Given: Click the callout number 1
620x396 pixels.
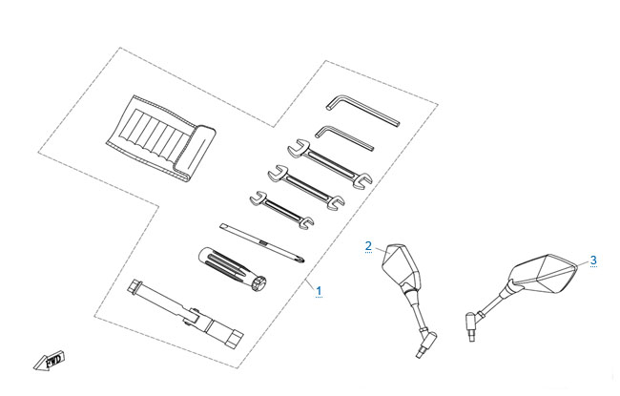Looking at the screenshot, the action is tap(319, 291).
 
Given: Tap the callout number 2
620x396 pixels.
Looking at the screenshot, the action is tap(368, 246).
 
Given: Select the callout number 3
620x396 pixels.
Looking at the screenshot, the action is tap(593, 261).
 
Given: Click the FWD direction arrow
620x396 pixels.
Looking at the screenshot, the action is tap(50, 361).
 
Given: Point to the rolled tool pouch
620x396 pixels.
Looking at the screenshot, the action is tap(161, 139).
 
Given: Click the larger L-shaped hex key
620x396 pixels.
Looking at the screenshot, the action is tap(362, 109).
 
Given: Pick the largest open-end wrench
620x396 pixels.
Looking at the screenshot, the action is tap(329, 162).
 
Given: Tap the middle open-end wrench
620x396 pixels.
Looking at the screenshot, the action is tap(305, 188).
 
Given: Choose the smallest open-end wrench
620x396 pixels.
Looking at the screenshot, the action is tap(281, 211).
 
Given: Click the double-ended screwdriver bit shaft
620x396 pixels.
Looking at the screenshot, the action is tap(262, 243).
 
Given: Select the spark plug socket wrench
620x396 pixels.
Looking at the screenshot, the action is tap(185, 314).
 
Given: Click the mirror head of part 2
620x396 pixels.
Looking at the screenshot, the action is tap(401, 266).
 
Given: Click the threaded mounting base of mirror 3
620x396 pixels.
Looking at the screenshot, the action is tap(471, 326).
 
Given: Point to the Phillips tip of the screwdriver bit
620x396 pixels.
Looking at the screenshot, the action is tap(301, 260).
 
